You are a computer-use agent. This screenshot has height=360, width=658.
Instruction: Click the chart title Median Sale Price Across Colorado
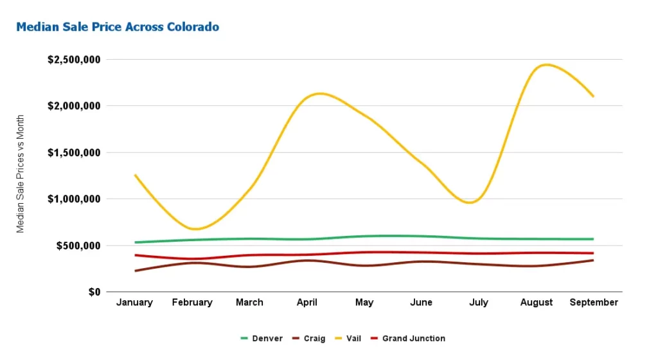(118, 27)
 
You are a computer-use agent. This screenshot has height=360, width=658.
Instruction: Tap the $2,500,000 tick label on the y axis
(75, 60)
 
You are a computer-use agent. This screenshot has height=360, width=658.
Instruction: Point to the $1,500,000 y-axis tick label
(75, 153)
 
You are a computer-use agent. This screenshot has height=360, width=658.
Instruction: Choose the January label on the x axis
(135, 302)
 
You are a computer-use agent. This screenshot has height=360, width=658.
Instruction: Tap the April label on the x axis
(307, 302)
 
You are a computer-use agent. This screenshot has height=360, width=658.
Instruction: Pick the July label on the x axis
(479, 302)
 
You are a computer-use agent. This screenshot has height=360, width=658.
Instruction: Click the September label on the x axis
(594, 302)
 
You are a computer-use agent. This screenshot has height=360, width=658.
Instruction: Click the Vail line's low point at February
(196, 229)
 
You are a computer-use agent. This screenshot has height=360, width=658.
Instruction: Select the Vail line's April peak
(319, 94)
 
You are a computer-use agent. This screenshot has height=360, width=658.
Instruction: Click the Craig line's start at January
(135, 271)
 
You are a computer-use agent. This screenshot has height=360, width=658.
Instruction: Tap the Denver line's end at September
(593, 239)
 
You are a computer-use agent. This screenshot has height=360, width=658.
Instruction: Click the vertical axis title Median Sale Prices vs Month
(21, 174)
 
